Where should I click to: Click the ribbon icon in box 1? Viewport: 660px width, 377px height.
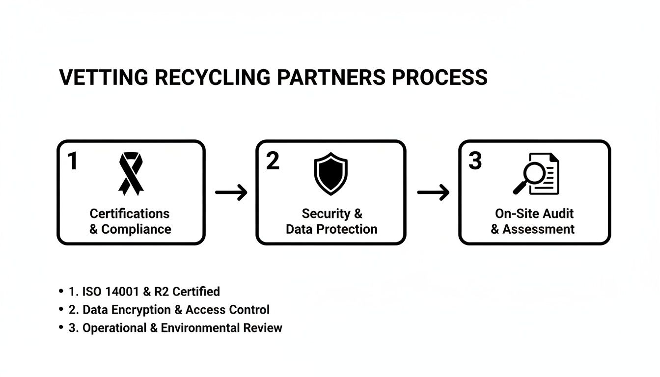131,173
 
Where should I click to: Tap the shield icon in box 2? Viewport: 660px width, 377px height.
330,174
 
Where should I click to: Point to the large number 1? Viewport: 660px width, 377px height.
73,161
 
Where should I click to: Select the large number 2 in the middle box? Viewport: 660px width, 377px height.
273,161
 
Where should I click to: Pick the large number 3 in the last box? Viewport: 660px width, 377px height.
475,161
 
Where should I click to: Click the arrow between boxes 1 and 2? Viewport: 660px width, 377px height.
231,193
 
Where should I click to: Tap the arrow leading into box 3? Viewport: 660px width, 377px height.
433,193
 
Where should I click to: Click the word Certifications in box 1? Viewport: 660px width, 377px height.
130,214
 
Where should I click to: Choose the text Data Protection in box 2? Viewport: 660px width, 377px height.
331,229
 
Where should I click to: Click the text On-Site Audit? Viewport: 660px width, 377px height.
534,214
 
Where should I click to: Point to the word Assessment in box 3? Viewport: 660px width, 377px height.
538,229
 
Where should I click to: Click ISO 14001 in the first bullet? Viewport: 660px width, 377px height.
111,292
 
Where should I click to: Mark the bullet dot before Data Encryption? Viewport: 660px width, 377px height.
61,310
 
